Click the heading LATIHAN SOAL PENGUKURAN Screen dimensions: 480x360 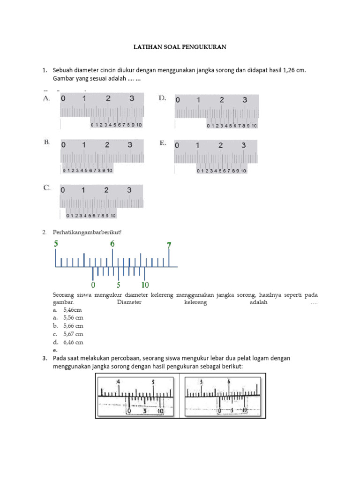coord(180,47)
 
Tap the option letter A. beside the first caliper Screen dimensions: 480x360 coord(46,98)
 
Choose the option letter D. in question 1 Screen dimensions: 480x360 coord(162,98)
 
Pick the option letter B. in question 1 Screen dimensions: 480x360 coord(46,142)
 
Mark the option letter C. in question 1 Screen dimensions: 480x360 coord(47,187)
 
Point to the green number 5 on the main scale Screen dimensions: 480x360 coord(56,244)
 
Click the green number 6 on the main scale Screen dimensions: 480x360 coord(112,244)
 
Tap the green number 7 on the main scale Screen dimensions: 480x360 coord(169,245)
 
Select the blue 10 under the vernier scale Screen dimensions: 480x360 coord(145,285)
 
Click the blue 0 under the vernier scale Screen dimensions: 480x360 coord(93,285)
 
